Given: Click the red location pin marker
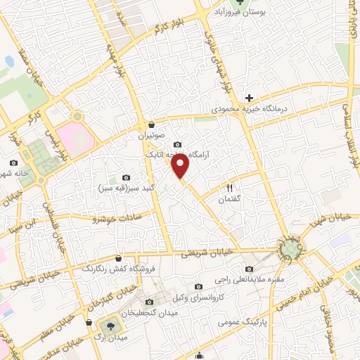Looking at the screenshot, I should point(181,166).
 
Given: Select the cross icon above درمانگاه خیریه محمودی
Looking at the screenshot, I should point(249,98).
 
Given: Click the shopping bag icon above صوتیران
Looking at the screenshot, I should point(142,122).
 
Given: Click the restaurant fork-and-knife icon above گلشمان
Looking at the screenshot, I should point(229,188).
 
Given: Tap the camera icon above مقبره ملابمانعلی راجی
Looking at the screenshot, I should point(249,269).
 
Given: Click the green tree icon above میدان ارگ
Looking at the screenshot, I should point(108,326).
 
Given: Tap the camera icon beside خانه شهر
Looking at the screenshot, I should point(14,163).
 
